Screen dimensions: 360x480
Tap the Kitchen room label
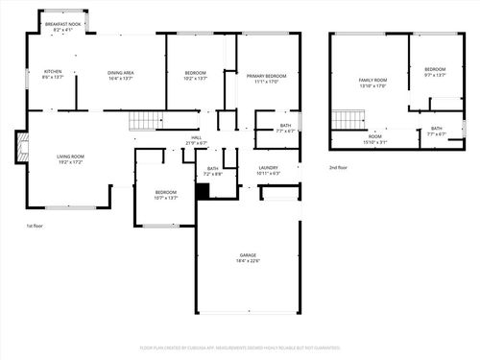coord(53,74)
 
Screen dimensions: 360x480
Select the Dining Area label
coord(120,75)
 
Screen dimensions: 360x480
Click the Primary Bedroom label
coord(266,78)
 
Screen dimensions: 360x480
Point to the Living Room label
coord(70,158)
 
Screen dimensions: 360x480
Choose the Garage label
coord(249,257)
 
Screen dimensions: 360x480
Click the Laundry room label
coord(269,170)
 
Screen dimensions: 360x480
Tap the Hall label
coord(196,140)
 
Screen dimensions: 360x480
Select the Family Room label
coord(372,83)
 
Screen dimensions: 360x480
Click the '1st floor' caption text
coord(36,227)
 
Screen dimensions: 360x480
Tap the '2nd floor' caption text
coord(338,168)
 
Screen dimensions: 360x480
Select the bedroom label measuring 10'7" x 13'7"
coord(167,195)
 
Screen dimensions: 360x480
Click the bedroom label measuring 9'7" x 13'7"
coord(435,71)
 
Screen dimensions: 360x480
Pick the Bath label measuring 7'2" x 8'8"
coord(213,171)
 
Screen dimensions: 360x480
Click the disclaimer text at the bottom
coord(240,348)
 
